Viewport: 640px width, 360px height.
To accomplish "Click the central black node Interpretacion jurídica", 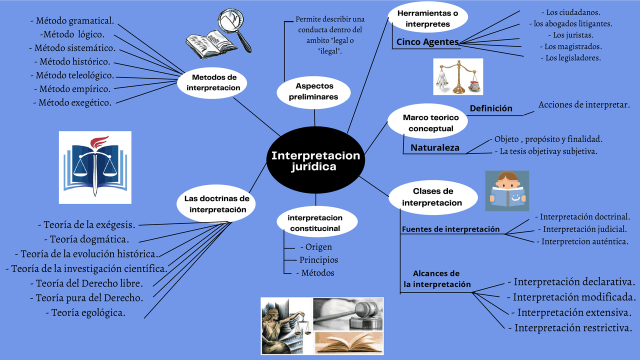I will pyautogui.click(x=315, y=161).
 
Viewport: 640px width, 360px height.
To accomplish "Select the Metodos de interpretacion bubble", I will pyautogui.click(x=213, y=82).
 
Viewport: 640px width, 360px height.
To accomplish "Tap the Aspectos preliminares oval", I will pyautogui.click(x=313, y=91).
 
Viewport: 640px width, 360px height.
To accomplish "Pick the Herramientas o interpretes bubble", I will pyautogui.click(x=427, y=18).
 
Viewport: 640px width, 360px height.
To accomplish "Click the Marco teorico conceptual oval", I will pyautogui.click(x=430, y=123).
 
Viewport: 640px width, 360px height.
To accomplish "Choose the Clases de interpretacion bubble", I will pyautogui.click(x=432, y=197).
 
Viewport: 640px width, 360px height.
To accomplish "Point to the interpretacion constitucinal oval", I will pyautogui.click(x=315, y=223).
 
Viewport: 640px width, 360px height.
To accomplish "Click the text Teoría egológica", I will pyautogui.click(x=88, y=313).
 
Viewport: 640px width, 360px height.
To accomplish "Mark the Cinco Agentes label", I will pyautogui.click(x=427, y=42).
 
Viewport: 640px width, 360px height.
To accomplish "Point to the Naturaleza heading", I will pyautogui.click(x=435, y=147).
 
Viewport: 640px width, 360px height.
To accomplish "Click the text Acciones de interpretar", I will pyautogui.click(x=584, y=104).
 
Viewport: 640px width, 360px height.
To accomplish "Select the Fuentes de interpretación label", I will pyautogui.click(x=450, y=229).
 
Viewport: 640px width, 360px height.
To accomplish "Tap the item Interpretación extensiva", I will pyautogui.click(x=573, y=312).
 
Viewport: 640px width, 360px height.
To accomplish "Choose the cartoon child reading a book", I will pyautogui.click(x=507, y=190).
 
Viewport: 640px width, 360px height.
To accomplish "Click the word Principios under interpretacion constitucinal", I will pyautogui.click(x=318, y=260).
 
